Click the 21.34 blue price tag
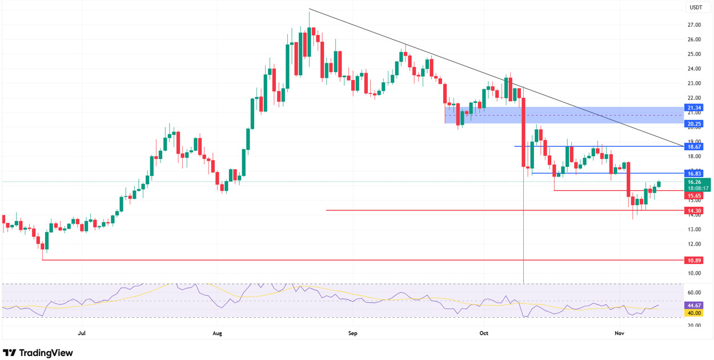[x=694, y=107]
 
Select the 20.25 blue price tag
[x=694, y=123]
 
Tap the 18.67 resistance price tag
[x=694, y=146]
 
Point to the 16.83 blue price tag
[x=694, y=173]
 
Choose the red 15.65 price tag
[x=694, y=195]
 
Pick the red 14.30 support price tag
[x=694, y=210]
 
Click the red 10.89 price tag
[x=694, y=260]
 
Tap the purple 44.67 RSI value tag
[x=694, y=306]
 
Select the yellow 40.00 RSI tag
[x=694, y=313]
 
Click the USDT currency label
[x=695, y=7]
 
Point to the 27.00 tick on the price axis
[x=694, y=25]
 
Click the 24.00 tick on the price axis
[x=694, y=69]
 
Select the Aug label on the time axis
[x=217, y=333]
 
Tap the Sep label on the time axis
[x=352, y=333]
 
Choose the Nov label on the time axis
[x=617, y=333]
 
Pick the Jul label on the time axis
[x=81, y=333]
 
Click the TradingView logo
[x=38, y=353]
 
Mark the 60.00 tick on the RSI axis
[x=694, y=293]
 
